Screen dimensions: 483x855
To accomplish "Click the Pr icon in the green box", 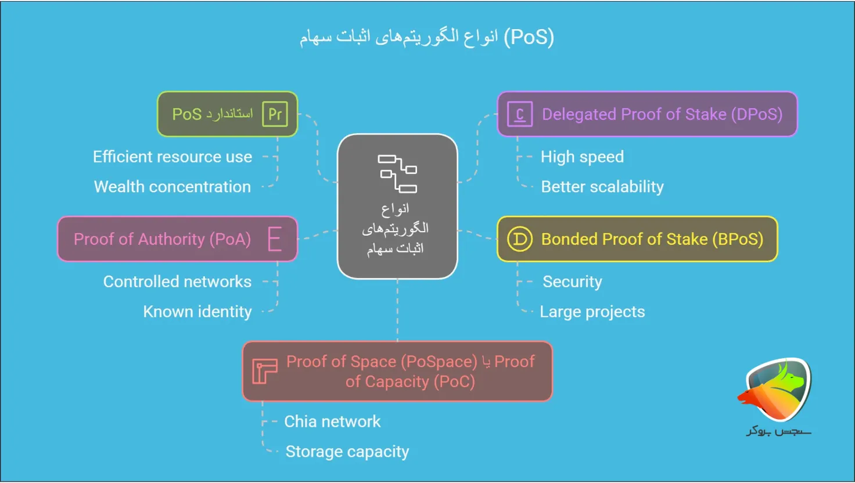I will pos(275,114).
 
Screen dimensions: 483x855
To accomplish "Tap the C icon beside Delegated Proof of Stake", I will pos(519,114).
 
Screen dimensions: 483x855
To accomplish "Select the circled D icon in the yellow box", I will pos(519,239).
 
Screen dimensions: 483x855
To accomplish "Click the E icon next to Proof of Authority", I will pos(275,239).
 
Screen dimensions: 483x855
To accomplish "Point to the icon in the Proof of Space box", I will pos(264,372).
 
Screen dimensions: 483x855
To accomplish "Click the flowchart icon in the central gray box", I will pos(398,173).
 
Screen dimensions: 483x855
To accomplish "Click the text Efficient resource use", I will pos(173,157).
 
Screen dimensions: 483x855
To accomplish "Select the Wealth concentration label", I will pos(173,187).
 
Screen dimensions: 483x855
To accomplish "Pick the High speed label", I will pos(582,157).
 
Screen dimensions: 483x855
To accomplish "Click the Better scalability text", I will pos(602,187).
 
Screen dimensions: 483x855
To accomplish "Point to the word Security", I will pos(572,282).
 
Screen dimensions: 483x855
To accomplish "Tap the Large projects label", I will pos(592,312).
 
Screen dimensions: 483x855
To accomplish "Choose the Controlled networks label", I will pos(177,282).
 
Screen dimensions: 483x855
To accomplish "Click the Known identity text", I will pos(197,312).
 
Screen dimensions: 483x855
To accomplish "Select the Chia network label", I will pos(332,421).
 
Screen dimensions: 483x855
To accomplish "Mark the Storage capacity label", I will pos(347,452).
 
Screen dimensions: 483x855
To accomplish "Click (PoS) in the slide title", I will pos(529,37).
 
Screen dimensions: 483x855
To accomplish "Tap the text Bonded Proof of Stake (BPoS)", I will pos(652,239).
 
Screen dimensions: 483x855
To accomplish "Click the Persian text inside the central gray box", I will pos(396,228).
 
